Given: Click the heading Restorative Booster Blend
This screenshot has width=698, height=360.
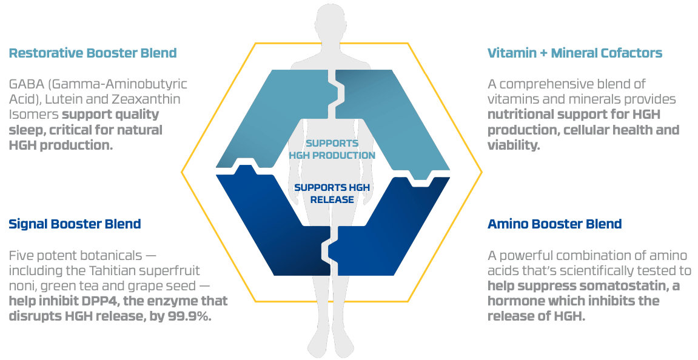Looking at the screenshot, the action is point(93,53).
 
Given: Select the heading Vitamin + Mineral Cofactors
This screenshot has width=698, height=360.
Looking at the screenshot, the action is point(575,53).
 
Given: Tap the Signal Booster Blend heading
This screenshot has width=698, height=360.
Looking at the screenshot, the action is point(75,224).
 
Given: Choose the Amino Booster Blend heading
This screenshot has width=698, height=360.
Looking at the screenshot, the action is point(555,224).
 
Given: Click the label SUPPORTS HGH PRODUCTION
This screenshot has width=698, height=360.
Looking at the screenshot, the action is point(332,149).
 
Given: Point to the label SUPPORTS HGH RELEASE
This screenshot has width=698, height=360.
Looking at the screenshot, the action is point(332,193).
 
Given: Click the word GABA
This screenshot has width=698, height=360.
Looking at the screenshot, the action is point(25,84).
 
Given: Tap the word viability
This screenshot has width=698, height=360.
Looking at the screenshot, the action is point(514,145).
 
